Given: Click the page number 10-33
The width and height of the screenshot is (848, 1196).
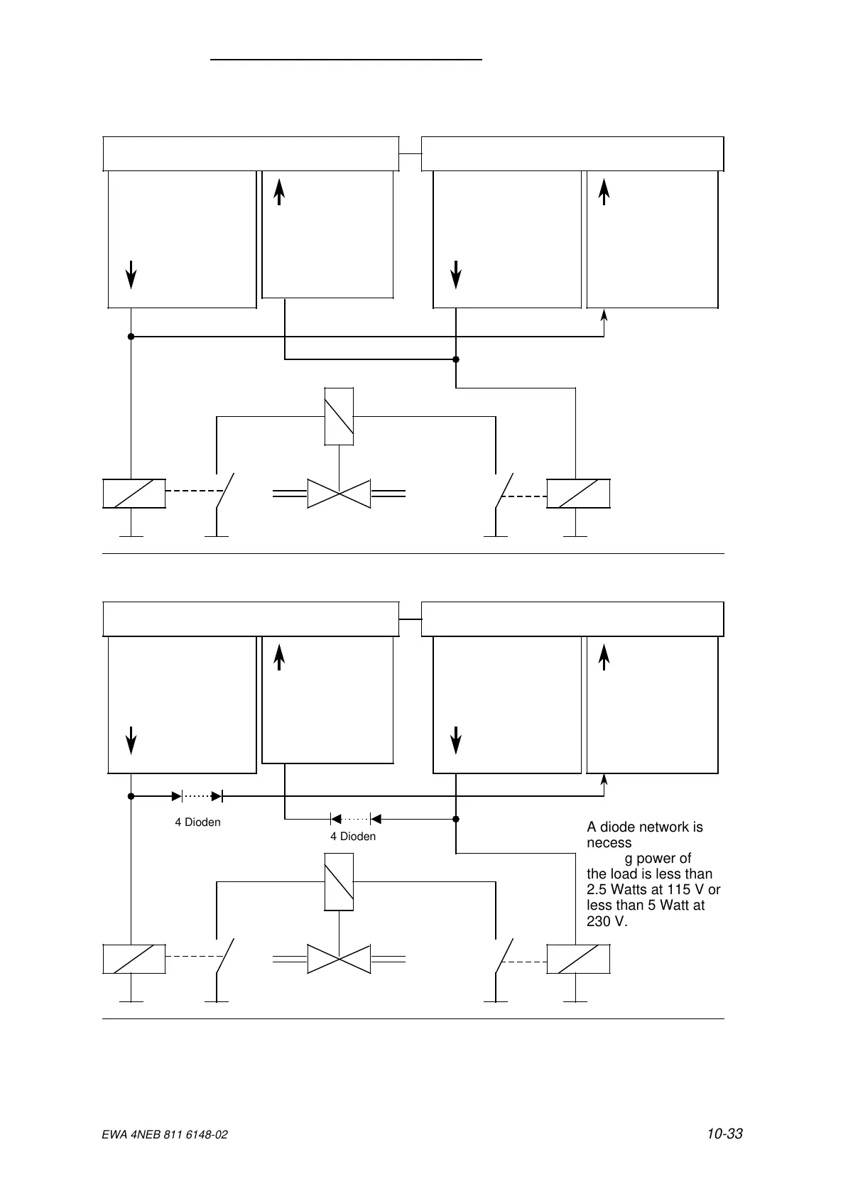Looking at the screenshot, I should [x=724, y=1134].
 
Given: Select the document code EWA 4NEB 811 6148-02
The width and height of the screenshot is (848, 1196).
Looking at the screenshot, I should [x=165, y=1136].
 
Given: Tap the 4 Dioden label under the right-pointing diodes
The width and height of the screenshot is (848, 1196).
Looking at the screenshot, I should [x=197, y=822].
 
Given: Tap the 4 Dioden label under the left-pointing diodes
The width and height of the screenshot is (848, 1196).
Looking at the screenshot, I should [x=352, y=837].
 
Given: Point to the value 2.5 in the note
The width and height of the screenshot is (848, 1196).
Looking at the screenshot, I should [x=598, y=890].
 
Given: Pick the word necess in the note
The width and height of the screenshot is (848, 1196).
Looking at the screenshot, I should [x=609, y=843].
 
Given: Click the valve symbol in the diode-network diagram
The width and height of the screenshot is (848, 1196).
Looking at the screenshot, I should [x=339, y=959].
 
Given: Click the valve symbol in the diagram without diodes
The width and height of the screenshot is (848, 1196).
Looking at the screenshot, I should [x=339, y=494].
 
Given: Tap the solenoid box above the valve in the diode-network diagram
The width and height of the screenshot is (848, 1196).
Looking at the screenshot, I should [x=339, y=881].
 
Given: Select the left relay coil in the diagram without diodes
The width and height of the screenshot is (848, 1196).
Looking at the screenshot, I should [x=134, y=494].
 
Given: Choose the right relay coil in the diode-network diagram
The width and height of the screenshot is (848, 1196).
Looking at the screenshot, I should [x=578, y=959].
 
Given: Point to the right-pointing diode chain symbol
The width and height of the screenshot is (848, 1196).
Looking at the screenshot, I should [x=202, y=797].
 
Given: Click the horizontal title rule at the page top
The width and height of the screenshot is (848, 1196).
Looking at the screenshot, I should [x=347, y=60].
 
